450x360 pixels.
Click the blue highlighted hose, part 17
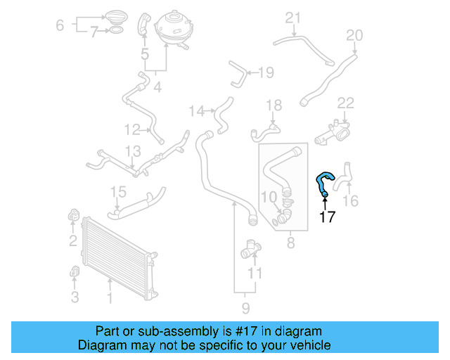tap(323, 181)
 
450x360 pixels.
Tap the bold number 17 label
tap(327, 217)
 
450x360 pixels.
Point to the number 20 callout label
tap(354, 35)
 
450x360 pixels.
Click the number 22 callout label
tap(345, 103)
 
